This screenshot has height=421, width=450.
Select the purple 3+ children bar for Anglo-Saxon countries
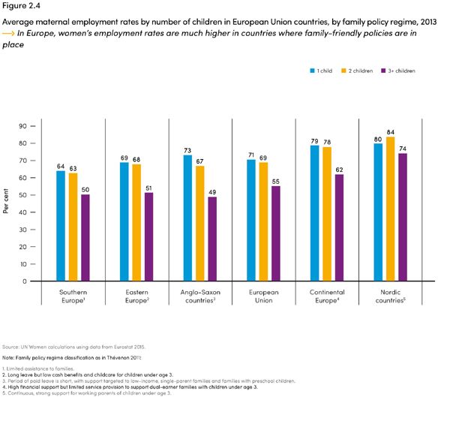coord(212,239)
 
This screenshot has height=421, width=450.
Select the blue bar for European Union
coord(250,220)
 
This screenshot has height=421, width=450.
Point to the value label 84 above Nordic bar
coord(390,131)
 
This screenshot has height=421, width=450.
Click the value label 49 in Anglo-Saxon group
coord(212,191)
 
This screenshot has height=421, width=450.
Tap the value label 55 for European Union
coord(275,181)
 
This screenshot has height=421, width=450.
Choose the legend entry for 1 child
coord(321,71)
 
